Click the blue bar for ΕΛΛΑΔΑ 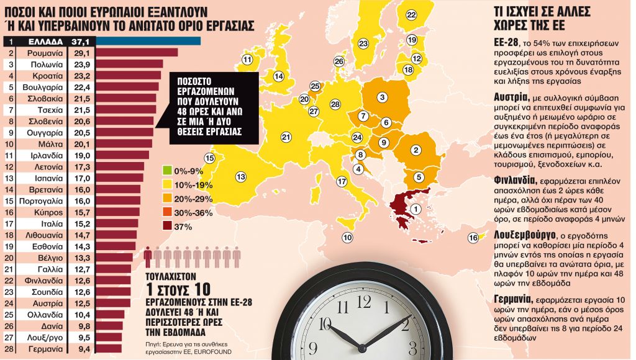click(149, 41)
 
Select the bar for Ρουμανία click(137, 53)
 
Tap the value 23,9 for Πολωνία click(83, 65)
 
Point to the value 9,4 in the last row click(83, 349)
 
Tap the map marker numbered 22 click(411, 14)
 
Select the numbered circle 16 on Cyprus click(473, 238)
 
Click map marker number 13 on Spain click(240, 177)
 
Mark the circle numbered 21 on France click(286, 137)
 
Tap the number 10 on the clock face click(324, 323)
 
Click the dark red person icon click(148, 254)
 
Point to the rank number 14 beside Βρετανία click(12, 190)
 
